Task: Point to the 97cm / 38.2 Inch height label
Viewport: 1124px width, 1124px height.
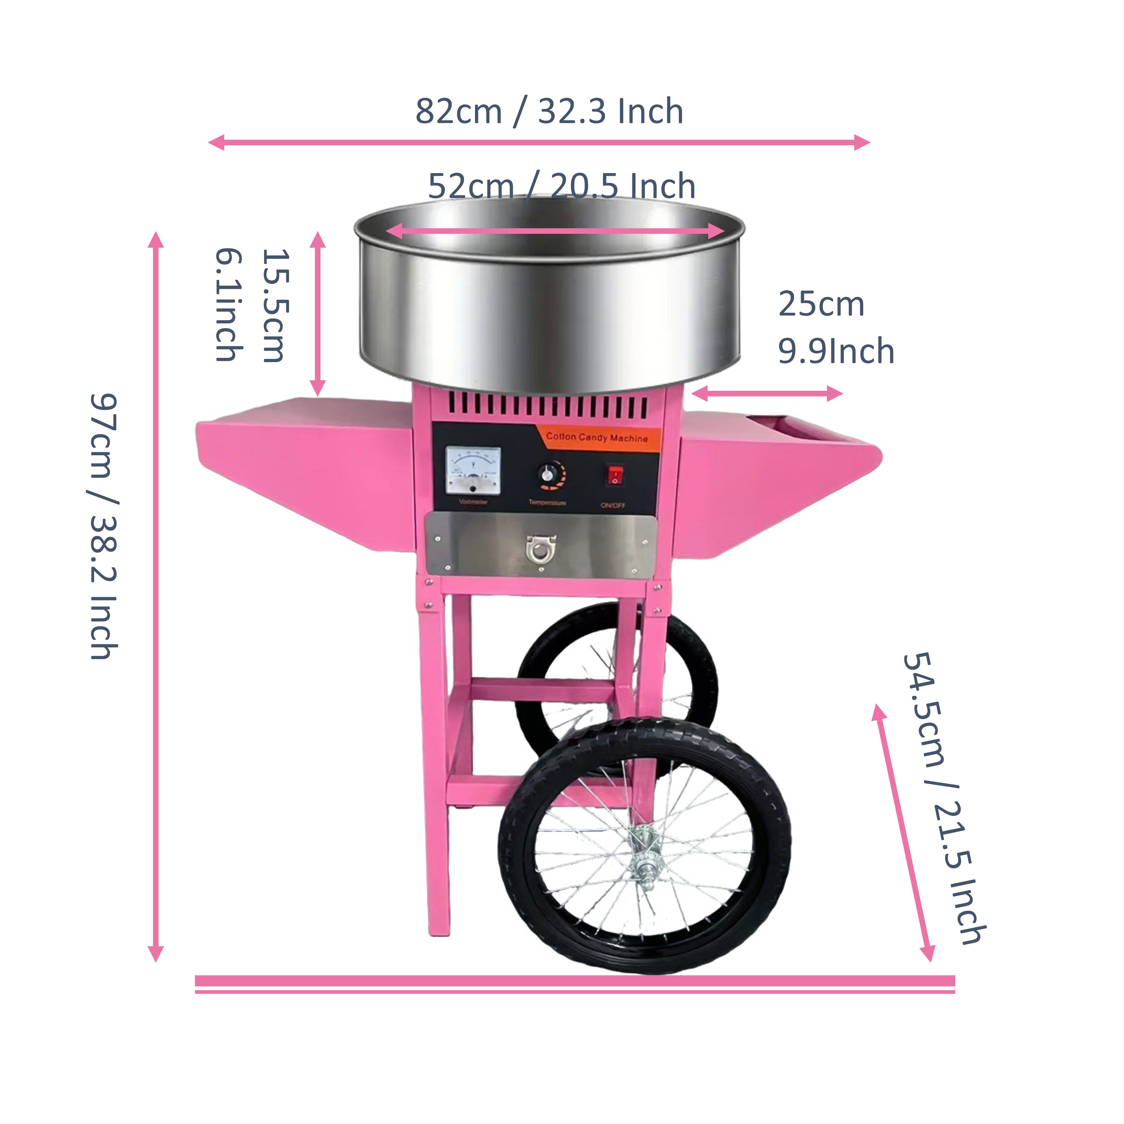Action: (x=105, y=527)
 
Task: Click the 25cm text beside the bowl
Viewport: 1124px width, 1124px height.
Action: (x=821, y=304)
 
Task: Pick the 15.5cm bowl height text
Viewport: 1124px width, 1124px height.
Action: (x=275, y=305)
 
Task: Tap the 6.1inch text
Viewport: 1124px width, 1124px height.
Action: (x=229, y=305)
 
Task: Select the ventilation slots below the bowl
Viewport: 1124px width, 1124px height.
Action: (x=547, y=406)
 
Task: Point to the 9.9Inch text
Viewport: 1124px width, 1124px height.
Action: (x=835, y=351)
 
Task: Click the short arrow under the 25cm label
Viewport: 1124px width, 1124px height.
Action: (x=767, y=394)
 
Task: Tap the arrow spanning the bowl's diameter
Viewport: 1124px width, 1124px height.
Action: (x=556, y=231)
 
